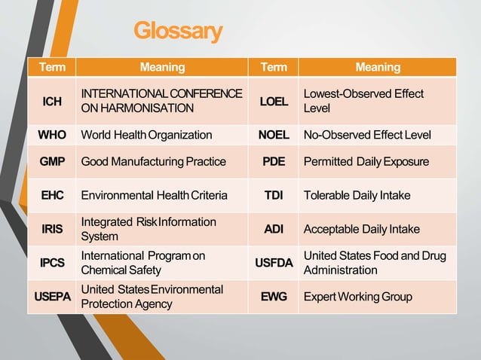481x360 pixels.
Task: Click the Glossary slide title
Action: point(178,31)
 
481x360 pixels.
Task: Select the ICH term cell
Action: point(52,101)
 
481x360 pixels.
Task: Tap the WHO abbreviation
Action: point(52,135)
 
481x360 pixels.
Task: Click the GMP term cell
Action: point(52,161)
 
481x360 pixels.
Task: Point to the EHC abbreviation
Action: point(52,195)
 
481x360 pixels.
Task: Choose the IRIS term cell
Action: point(52,229)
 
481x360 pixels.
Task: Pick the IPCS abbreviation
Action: point(52,263)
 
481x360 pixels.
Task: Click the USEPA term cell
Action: point(52,297)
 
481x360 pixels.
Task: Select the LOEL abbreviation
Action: point(273,101)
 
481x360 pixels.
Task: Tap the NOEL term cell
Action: point(273,135)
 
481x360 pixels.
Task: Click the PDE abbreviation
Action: point(273,161)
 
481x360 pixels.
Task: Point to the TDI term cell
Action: point(273,195)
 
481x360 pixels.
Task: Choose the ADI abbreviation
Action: point(273,229)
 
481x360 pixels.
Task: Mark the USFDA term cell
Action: point(273,263)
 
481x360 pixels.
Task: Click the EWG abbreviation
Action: point(273,297)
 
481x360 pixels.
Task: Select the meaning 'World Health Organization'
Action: point(146,135)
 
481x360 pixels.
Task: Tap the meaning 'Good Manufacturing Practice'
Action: point(153,161)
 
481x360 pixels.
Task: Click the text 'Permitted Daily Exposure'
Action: point(366,161)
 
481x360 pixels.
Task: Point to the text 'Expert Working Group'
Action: point(357,297)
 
